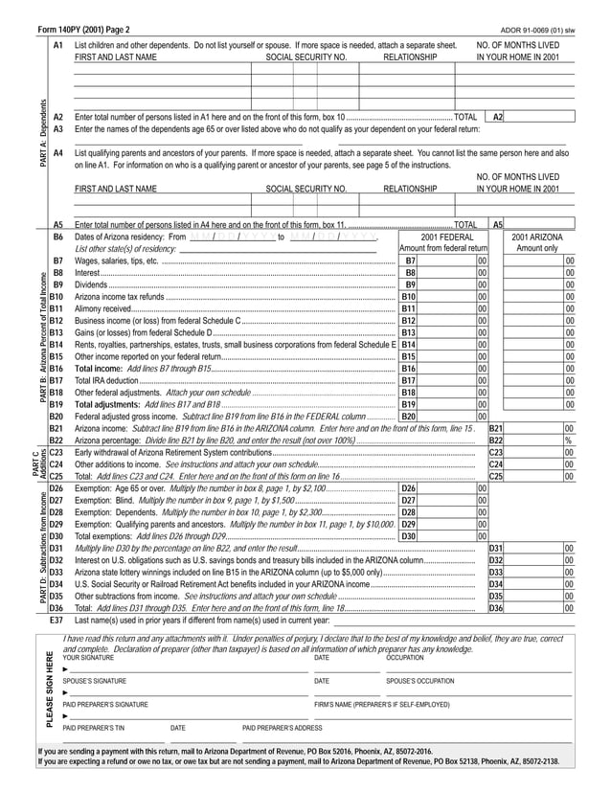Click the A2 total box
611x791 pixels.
498,116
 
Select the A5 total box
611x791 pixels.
498,224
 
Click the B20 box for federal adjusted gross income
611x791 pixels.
408,416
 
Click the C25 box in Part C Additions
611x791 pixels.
495,475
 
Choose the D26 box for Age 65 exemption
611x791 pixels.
408,488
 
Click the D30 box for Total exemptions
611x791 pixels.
408,536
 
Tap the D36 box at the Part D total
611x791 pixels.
495,608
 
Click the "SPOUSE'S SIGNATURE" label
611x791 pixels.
94,681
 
